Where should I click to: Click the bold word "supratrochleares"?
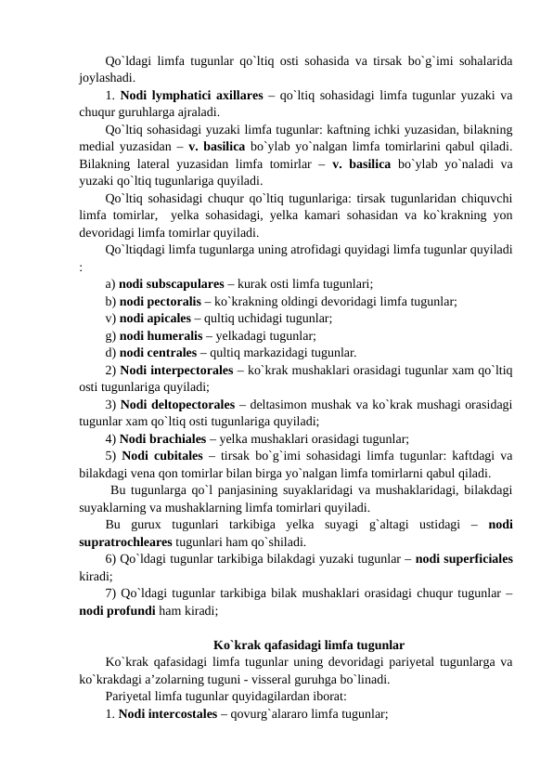coord(129,541)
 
